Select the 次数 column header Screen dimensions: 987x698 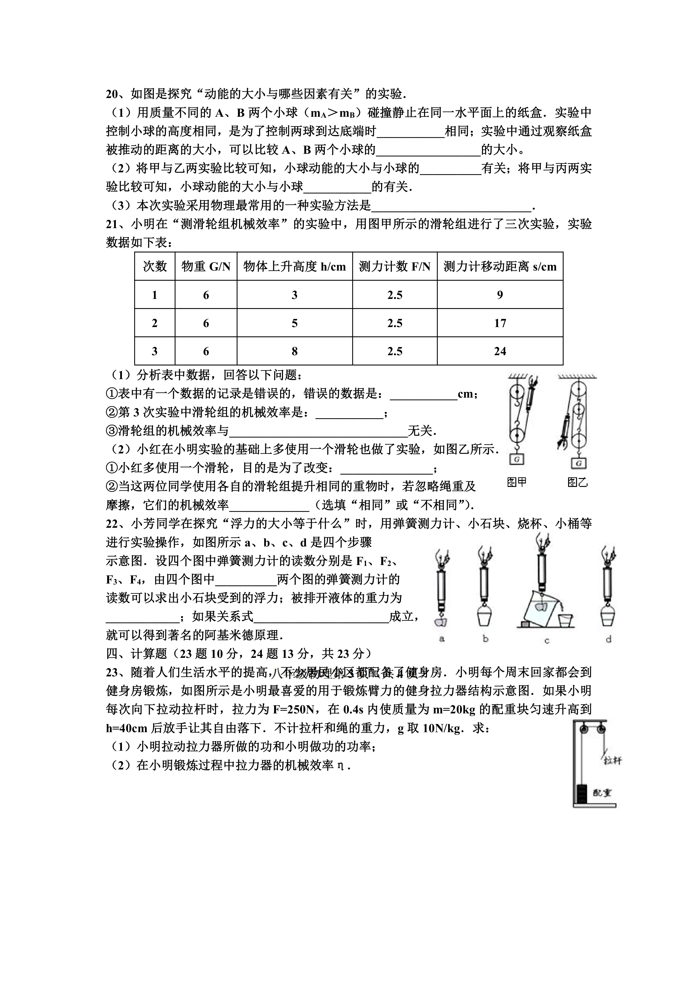(155, 267)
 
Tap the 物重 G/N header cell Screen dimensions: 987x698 (206, 267)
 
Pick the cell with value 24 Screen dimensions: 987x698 (500, 351)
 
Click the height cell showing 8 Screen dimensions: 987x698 (294, 351)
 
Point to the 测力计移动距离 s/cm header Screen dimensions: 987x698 (500, 267)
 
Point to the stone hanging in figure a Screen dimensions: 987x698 (441, 621)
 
